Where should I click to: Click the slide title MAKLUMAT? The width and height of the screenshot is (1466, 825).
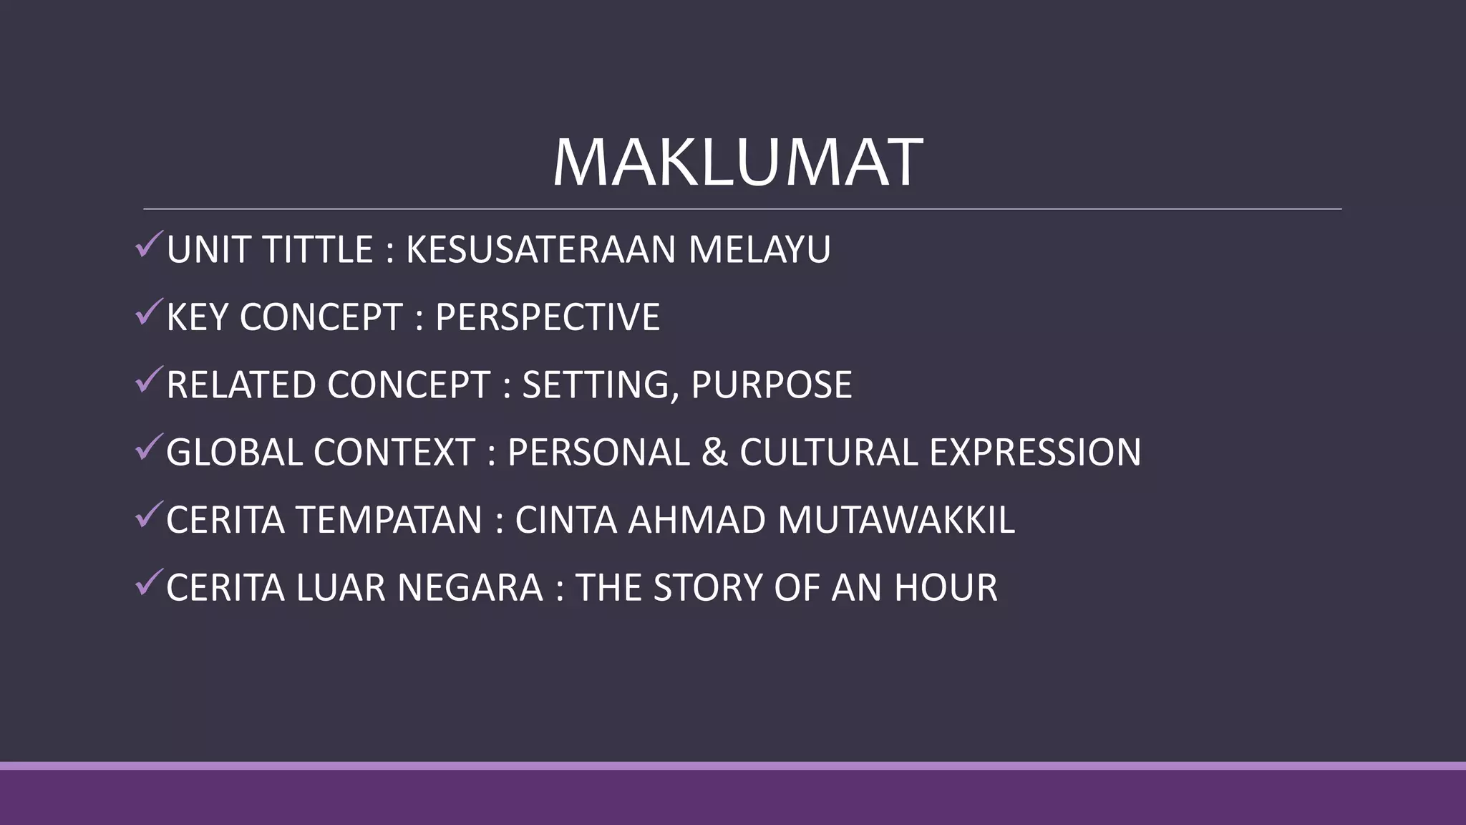(737, 163)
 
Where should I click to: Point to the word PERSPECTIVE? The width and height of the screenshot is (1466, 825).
(548, 317)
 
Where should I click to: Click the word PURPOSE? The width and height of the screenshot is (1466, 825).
(772, 385)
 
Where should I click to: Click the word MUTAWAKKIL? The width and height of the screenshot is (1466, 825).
(896, 520)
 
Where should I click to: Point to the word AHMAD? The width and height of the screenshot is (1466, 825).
(696, 520)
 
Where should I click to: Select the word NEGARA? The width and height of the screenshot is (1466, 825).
(470, 588)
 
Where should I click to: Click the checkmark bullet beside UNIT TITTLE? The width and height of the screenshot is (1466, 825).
(148, 245)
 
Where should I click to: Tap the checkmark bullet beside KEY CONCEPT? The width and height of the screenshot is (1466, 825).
(148, 312)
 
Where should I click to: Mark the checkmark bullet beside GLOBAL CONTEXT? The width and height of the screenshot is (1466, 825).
(148, 448)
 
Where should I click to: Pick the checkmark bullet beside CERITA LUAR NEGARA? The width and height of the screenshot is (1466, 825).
(148, 583)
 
